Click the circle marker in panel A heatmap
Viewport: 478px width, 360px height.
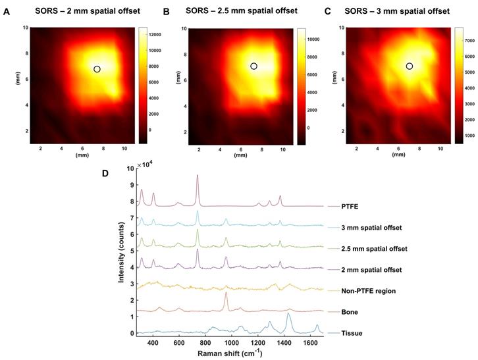[97, 69]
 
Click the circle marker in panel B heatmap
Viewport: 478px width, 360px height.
[253, 66]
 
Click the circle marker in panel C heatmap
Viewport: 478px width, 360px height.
[410, 66]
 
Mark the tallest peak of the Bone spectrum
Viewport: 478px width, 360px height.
[226, 293]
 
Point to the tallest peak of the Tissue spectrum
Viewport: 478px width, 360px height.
[288, 314]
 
